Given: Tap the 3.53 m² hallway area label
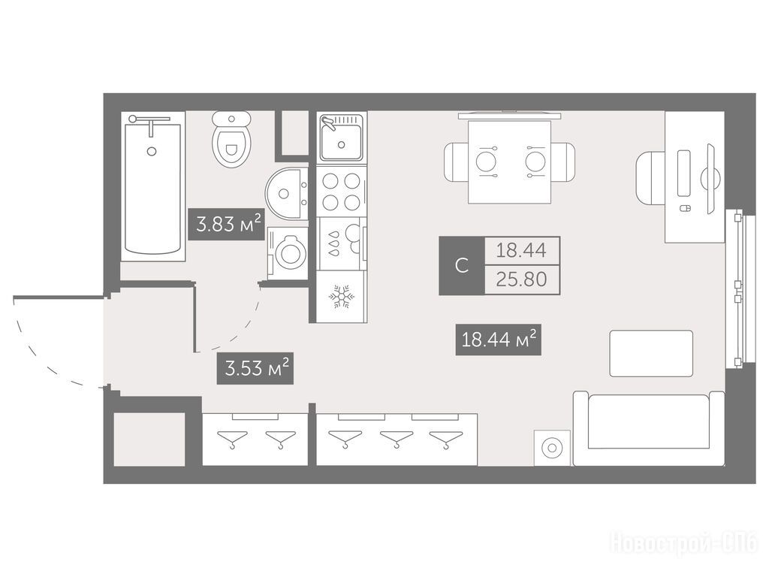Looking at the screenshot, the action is tap(255, 368).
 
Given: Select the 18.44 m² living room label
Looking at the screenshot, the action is tap(499, 339).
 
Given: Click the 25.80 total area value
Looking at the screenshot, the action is tap(521, 279).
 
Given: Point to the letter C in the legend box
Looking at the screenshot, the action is tap(462, 266).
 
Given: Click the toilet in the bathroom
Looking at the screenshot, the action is tap(231, 139).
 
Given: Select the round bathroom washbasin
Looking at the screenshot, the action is tap(287, 193).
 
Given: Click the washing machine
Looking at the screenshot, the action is tap(288, 253).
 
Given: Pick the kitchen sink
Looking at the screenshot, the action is tap(342, 138).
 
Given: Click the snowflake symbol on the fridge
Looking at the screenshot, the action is tap(342, 296).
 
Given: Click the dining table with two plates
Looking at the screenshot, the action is tap(510, 162).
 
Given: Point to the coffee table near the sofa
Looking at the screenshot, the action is tap(651, 354).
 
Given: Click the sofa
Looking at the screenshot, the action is tap(649, 428).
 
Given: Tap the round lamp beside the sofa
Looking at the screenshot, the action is tap(552, 448).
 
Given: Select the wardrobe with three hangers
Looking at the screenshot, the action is tap(397, 439).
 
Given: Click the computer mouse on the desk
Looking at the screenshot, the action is tap(685, 209).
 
